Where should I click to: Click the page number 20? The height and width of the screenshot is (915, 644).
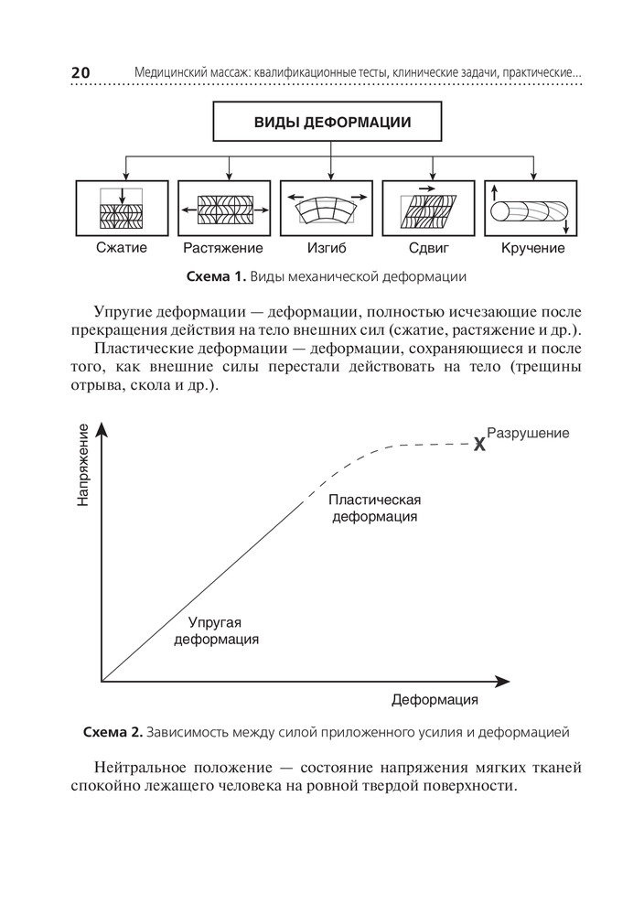click(80, 73)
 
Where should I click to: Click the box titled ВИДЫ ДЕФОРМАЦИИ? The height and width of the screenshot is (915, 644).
click(327, 122)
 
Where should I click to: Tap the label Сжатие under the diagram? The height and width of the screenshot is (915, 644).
click(122, 248)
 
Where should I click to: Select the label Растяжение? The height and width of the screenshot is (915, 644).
click(223, 248)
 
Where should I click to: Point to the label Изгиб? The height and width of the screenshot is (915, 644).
click(326, 248)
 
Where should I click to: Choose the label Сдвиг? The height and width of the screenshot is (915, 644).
click(428, 248)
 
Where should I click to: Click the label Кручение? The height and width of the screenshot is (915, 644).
click(532, 248)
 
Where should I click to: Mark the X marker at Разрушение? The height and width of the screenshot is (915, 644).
click(479, 445)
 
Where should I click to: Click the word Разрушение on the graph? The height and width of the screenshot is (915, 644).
click(528, 433)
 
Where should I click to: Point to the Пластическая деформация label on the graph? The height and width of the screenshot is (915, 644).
click(374, 508)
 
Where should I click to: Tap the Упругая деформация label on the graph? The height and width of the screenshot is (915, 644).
click(216, 630)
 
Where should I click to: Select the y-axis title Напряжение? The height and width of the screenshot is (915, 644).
click(83, 465)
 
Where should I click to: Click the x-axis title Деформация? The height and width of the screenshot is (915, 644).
click(435, 700)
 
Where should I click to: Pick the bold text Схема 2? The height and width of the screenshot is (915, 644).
click(113, 732)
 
